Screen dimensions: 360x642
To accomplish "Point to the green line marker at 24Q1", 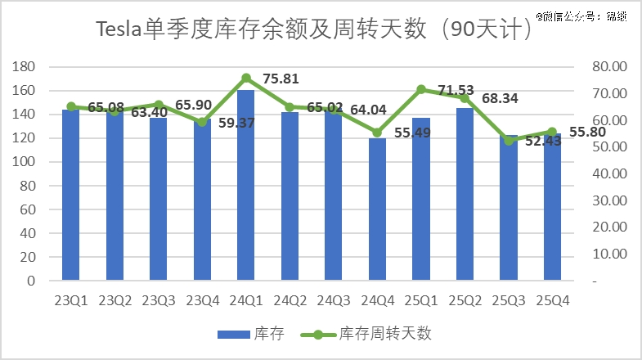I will [x=246, y=78].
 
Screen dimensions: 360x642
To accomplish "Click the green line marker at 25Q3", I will [x=509, y=141].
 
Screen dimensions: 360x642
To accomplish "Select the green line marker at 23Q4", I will [x=202, y=122].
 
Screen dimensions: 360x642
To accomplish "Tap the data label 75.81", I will [x=281, y=79].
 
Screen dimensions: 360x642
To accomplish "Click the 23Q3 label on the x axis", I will [x=159, y=301].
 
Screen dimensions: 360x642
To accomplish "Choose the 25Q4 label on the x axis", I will [x=552, y=301].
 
